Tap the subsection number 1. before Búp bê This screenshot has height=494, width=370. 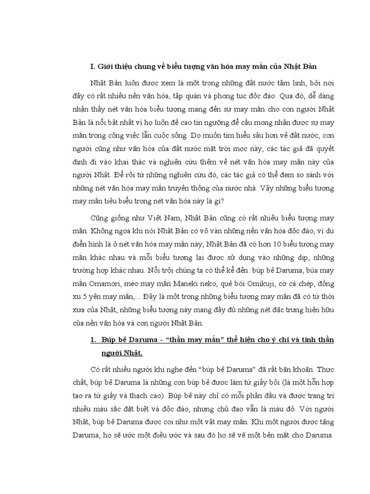(93, 340)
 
